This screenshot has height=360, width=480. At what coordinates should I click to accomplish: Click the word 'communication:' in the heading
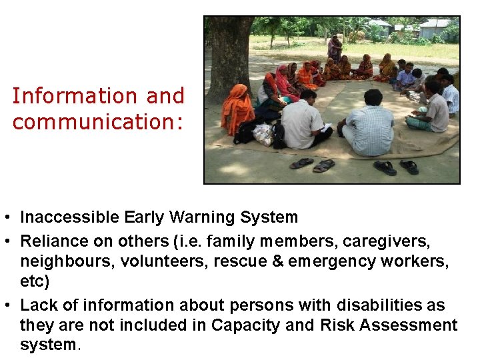[x=97, y=122]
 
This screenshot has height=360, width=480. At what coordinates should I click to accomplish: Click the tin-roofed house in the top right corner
[x=435, y=27]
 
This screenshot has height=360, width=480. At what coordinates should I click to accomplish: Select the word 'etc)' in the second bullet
[x=35, y=281]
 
